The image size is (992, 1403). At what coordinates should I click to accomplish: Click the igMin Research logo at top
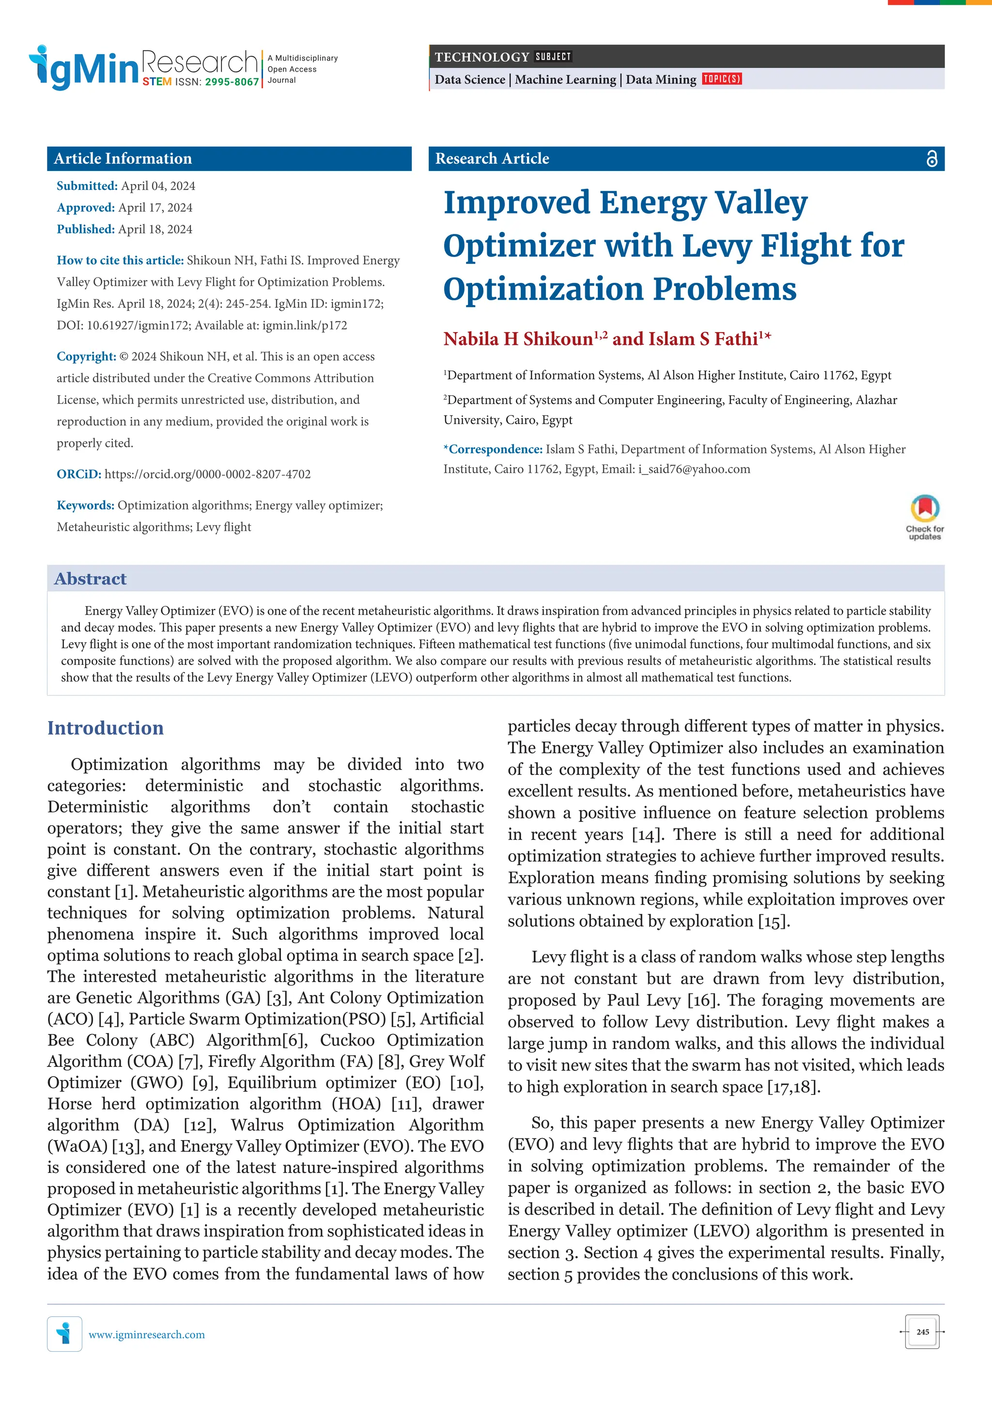pyautogui.click(x=144, y=67)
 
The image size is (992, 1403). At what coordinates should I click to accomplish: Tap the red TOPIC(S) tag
pyautogui.click(x=721, y=79)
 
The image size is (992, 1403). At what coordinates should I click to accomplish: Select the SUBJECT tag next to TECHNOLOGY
pyautogui.click(x=553, y=57)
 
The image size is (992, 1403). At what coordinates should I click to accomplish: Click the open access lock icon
pyautogui.click(x=931, y=159)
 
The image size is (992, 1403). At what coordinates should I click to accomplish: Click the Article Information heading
pyautogui.click(x=123, y=159)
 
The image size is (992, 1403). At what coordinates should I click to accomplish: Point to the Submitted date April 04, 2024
pyautogui.click(x=158, y=186)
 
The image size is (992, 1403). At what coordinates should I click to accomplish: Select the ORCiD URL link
pyautogui.click(x=207, y=474)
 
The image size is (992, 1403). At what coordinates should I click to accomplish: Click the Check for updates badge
pyautogui.click(x=924, y=516)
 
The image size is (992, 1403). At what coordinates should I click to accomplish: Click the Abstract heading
pyautogui.click(x=91, y=579)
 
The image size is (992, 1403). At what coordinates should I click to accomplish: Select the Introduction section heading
pyautogui.click(x=106, y=728)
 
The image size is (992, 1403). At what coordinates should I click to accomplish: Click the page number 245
pyautogui.click(x=922, y=1331)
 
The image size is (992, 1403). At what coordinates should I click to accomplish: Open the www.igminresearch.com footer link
pyautogui.click(x=147, y=1335)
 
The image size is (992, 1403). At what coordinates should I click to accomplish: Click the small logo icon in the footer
pyautogui.click(x=64, y=1333)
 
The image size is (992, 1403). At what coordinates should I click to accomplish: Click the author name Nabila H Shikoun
pyautogui.click(x=518, y=339)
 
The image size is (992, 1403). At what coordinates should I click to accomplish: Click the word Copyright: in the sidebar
pyautogui.click(x=86, y=356)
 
